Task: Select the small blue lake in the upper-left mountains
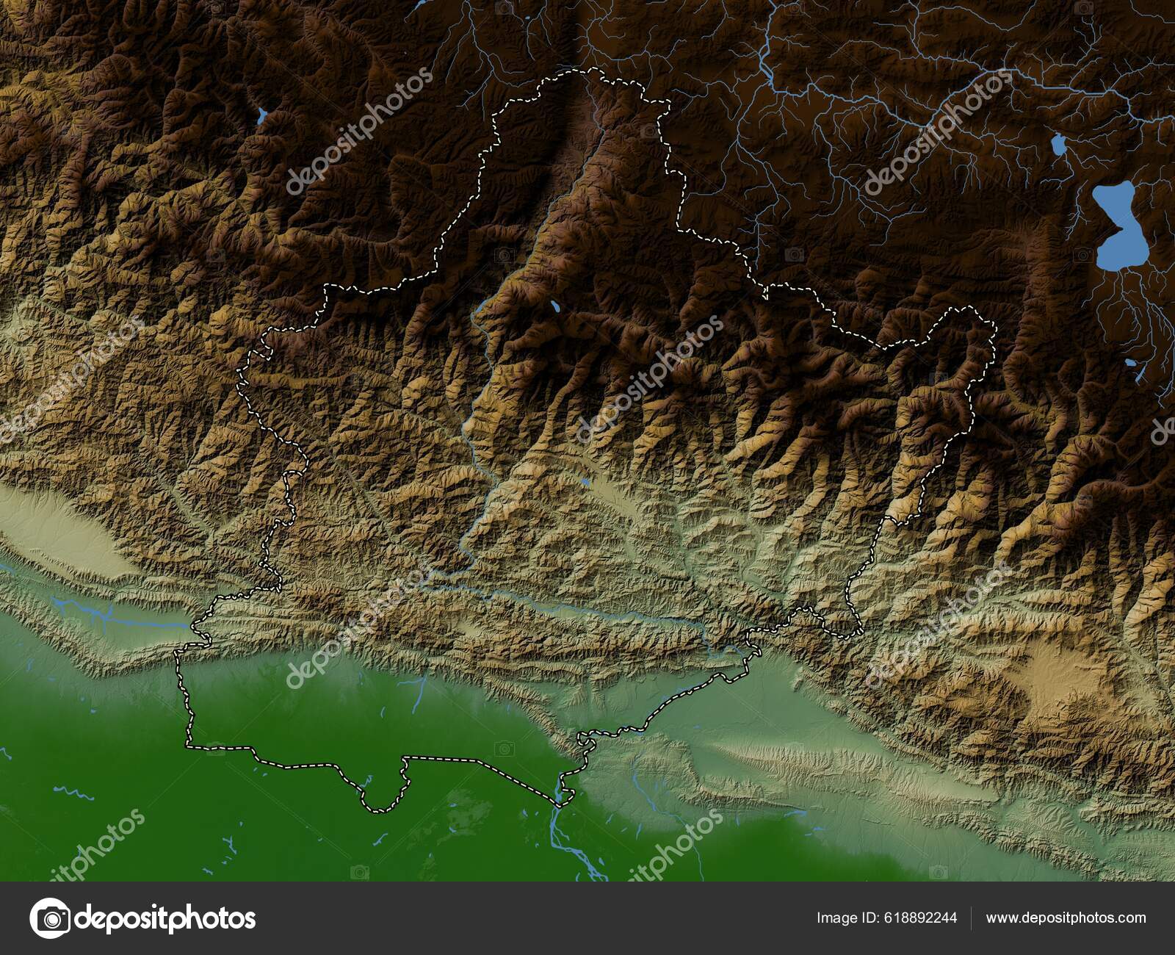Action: (x=261, y=115)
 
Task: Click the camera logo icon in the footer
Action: (x=49, y=918)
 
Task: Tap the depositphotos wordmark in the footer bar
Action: (x=166, y=918)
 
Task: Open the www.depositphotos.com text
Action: (x=1066, y=918)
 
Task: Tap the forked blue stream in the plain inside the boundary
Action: (x=419, y=694)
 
